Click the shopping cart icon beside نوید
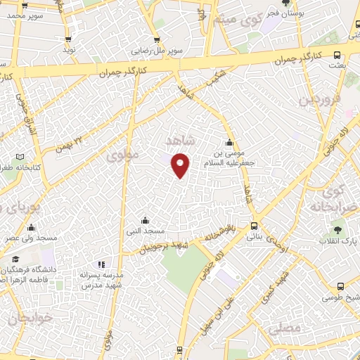coord(68,39)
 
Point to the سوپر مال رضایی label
coord(160,51)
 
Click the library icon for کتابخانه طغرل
coord(20,156)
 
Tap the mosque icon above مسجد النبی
coord(145,219)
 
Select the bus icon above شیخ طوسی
coord(340,286)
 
